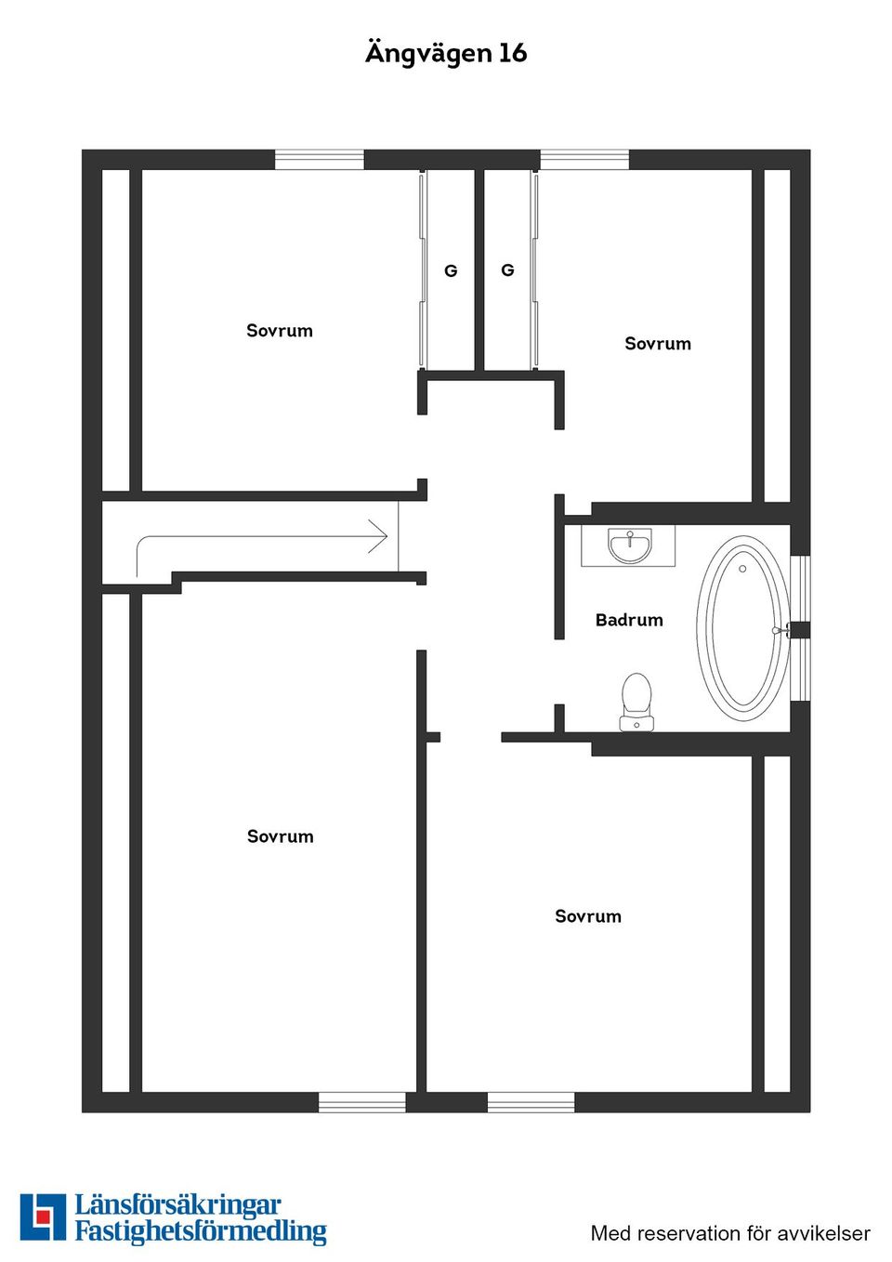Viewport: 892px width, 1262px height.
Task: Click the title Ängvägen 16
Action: coord(446,53)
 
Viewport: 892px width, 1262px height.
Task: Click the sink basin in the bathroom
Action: coord(630,546)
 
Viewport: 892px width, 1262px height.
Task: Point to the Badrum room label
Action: coord(629,620)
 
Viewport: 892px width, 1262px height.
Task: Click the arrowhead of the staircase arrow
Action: coord(379,536)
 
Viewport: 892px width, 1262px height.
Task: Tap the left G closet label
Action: coord(451,271)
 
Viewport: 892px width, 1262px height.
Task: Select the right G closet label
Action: coord(507,270)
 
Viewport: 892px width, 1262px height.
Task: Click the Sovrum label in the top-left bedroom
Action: coord(280,331)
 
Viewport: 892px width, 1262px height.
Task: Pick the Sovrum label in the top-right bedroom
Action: coord(658,344)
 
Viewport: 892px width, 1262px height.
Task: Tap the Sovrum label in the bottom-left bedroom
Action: coord(281,836)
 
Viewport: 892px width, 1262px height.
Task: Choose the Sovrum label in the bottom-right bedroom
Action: coord(588,916)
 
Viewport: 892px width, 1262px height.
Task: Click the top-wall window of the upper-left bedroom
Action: coord(319,160)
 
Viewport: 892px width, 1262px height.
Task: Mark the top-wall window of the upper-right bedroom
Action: coord(584,160)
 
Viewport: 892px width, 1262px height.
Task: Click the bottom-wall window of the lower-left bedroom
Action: coord(362,1102)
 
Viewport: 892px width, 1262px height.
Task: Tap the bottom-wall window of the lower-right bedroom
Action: coord(531,1102)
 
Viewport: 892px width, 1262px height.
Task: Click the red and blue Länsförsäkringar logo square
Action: coord(43,1217)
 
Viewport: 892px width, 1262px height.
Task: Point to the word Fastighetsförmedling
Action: coord(201,1232)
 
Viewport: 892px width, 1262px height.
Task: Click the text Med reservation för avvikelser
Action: coord(730,1234)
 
